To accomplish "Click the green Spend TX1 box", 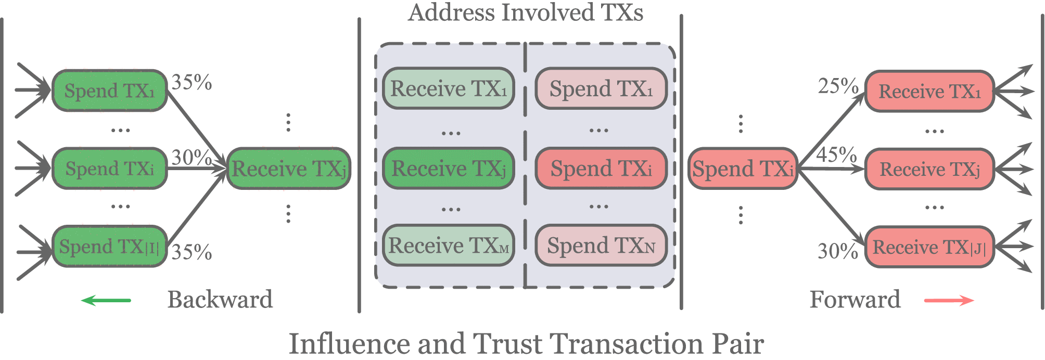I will coord(109,91).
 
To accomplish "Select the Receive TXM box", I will coord(449,245).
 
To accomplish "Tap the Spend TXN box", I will coord(601,245).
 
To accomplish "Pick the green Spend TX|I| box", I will coord(109,247).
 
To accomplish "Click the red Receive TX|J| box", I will coord(929,247).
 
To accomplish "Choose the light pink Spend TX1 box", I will coord(601,88).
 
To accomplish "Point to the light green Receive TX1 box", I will coord(449,88).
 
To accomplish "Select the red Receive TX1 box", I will coord(929,92).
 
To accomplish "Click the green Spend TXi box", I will coord(109,169).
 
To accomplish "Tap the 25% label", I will coord(837,86).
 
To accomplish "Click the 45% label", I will coord(836,155).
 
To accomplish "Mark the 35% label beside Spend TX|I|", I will coord(192,252).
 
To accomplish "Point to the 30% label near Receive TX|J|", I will coord(837,251).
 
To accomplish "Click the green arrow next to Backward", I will coord(106,300).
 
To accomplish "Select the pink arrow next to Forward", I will coord(949,300).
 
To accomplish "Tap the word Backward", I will coord(220,300).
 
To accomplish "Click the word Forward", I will coord(855,300).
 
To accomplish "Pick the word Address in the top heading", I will coord(451,12).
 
